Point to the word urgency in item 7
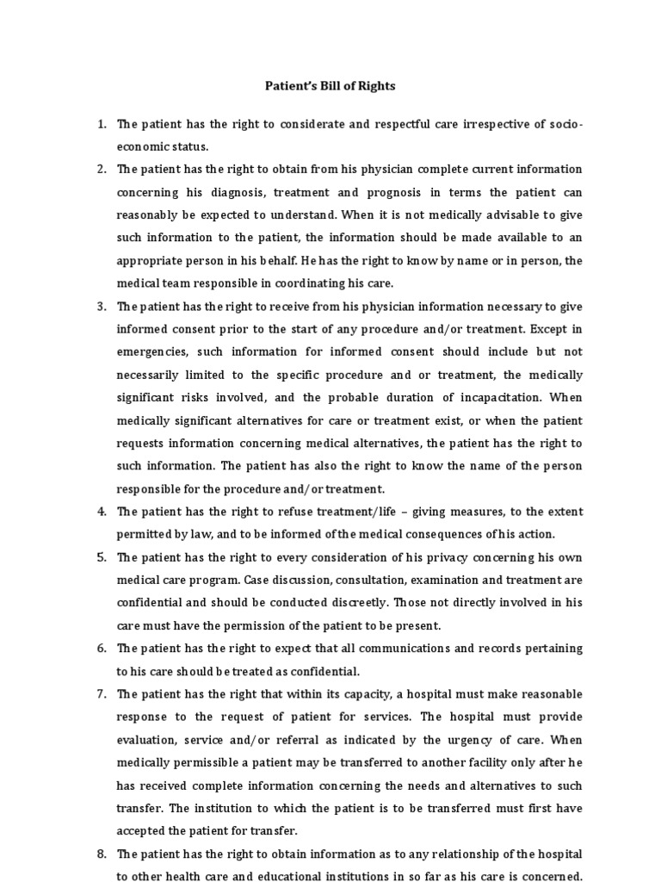coord(448,739)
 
